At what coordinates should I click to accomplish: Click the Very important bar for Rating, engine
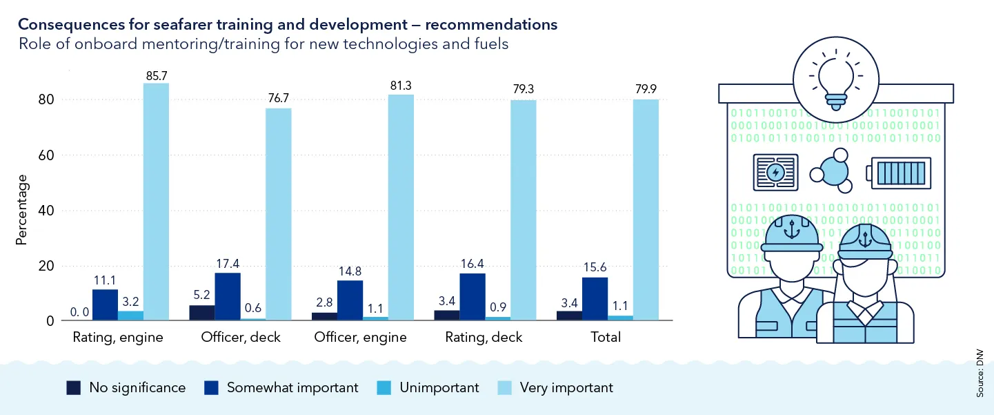(156, 202)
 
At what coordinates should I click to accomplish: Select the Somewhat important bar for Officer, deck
(228, 297)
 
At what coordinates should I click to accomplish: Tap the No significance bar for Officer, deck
(202, 313)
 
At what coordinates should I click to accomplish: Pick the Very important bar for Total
(646, 210)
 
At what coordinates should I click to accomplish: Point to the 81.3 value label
(401, 86)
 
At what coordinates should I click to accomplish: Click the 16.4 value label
(473, 263)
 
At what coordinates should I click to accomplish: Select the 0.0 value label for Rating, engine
(80, 312)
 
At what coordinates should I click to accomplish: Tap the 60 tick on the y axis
(46, 155)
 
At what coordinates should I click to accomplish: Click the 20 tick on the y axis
(46, 266)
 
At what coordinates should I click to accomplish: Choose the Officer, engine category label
(360, 338)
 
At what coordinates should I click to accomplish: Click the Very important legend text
(566, 387)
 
